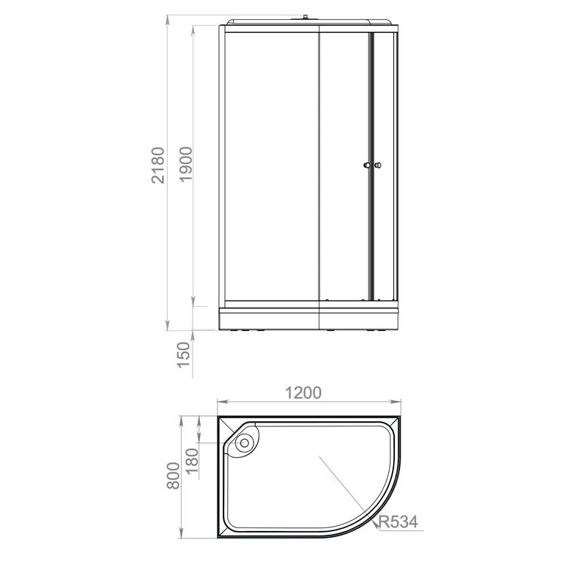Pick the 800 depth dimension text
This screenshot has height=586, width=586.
(x=173, y=478)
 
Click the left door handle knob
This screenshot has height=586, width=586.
(x=367, y=166)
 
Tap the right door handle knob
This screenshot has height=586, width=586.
(x=378, y=166)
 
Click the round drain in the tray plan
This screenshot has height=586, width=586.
(x=245, y=441)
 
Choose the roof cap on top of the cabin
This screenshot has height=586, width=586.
(x=311, y=21)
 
